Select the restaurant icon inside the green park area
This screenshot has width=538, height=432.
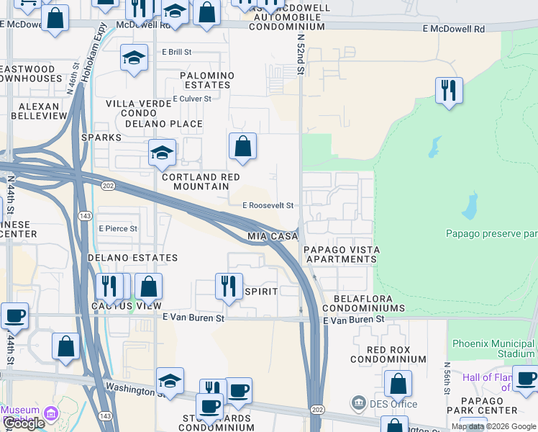tap(449, 91)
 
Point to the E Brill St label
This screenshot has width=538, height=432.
tap(177, 52)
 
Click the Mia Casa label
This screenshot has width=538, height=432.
tap(273, 236)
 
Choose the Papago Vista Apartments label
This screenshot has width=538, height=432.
tap(341, 254)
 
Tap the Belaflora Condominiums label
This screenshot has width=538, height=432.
tap(369, 302)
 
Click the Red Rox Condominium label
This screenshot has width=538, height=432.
tap(388, 354)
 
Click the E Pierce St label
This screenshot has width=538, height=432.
tap(118, 228)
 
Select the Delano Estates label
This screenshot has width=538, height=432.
tap(132, 257)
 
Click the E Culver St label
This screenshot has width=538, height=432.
tap(192, 99)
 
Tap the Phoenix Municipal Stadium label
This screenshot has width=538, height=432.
tap(492, 348)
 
